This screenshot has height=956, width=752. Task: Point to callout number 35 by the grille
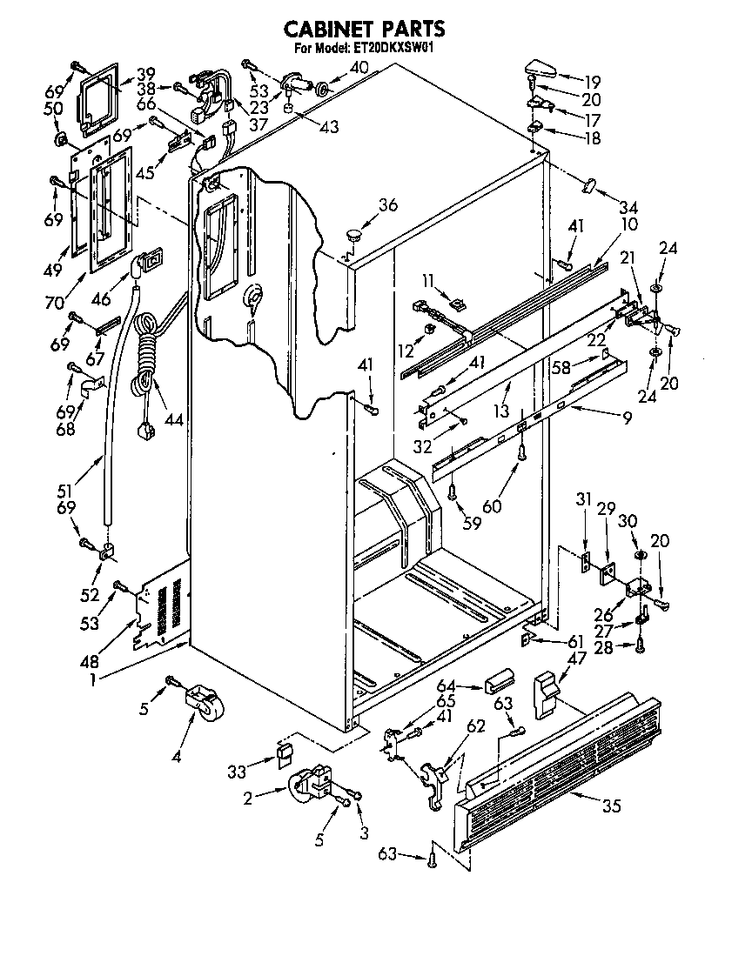pos(611,806)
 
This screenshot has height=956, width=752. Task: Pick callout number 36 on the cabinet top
pos(388,205)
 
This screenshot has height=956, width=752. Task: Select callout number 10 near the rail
pos(628,224)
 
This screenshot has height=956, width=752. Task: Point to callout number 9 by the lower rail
pos(626,417)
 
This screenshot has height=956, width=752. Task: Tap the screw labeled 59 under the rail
pos(453,491)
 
